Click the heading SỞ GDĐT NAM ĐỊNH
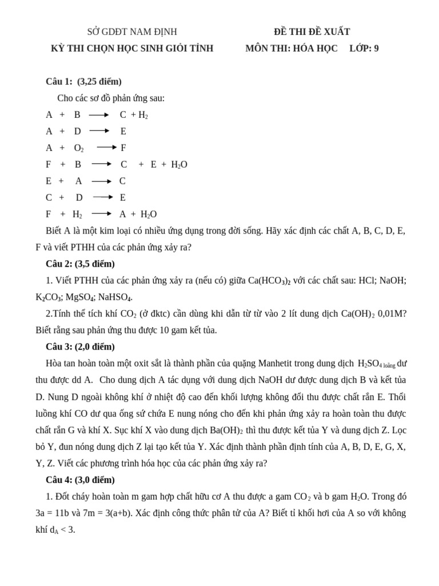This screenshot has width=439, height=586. coord(132,32)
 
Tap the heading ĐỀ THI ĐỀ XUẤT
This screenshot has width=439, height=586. coord(312,32)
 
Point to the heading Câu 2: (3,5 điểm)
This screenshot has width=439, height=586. coord(80,264)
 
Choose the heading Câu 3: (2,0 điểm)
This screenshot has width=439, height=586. coord(80,347)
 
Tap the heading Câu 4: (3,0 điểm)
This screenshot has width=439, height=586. coord(80,480)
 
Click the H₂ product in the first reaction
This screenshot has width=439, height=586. coord(143,115)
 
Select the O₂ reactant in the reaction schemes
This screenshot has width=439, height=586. coord(79,148)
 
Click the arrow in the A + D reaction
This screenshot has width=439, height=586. coord(99,131)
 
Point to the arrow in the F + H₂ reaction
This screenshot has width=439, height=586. coord(101,214)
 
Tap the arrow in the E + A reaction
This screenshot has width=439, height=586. coord(101,181)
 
